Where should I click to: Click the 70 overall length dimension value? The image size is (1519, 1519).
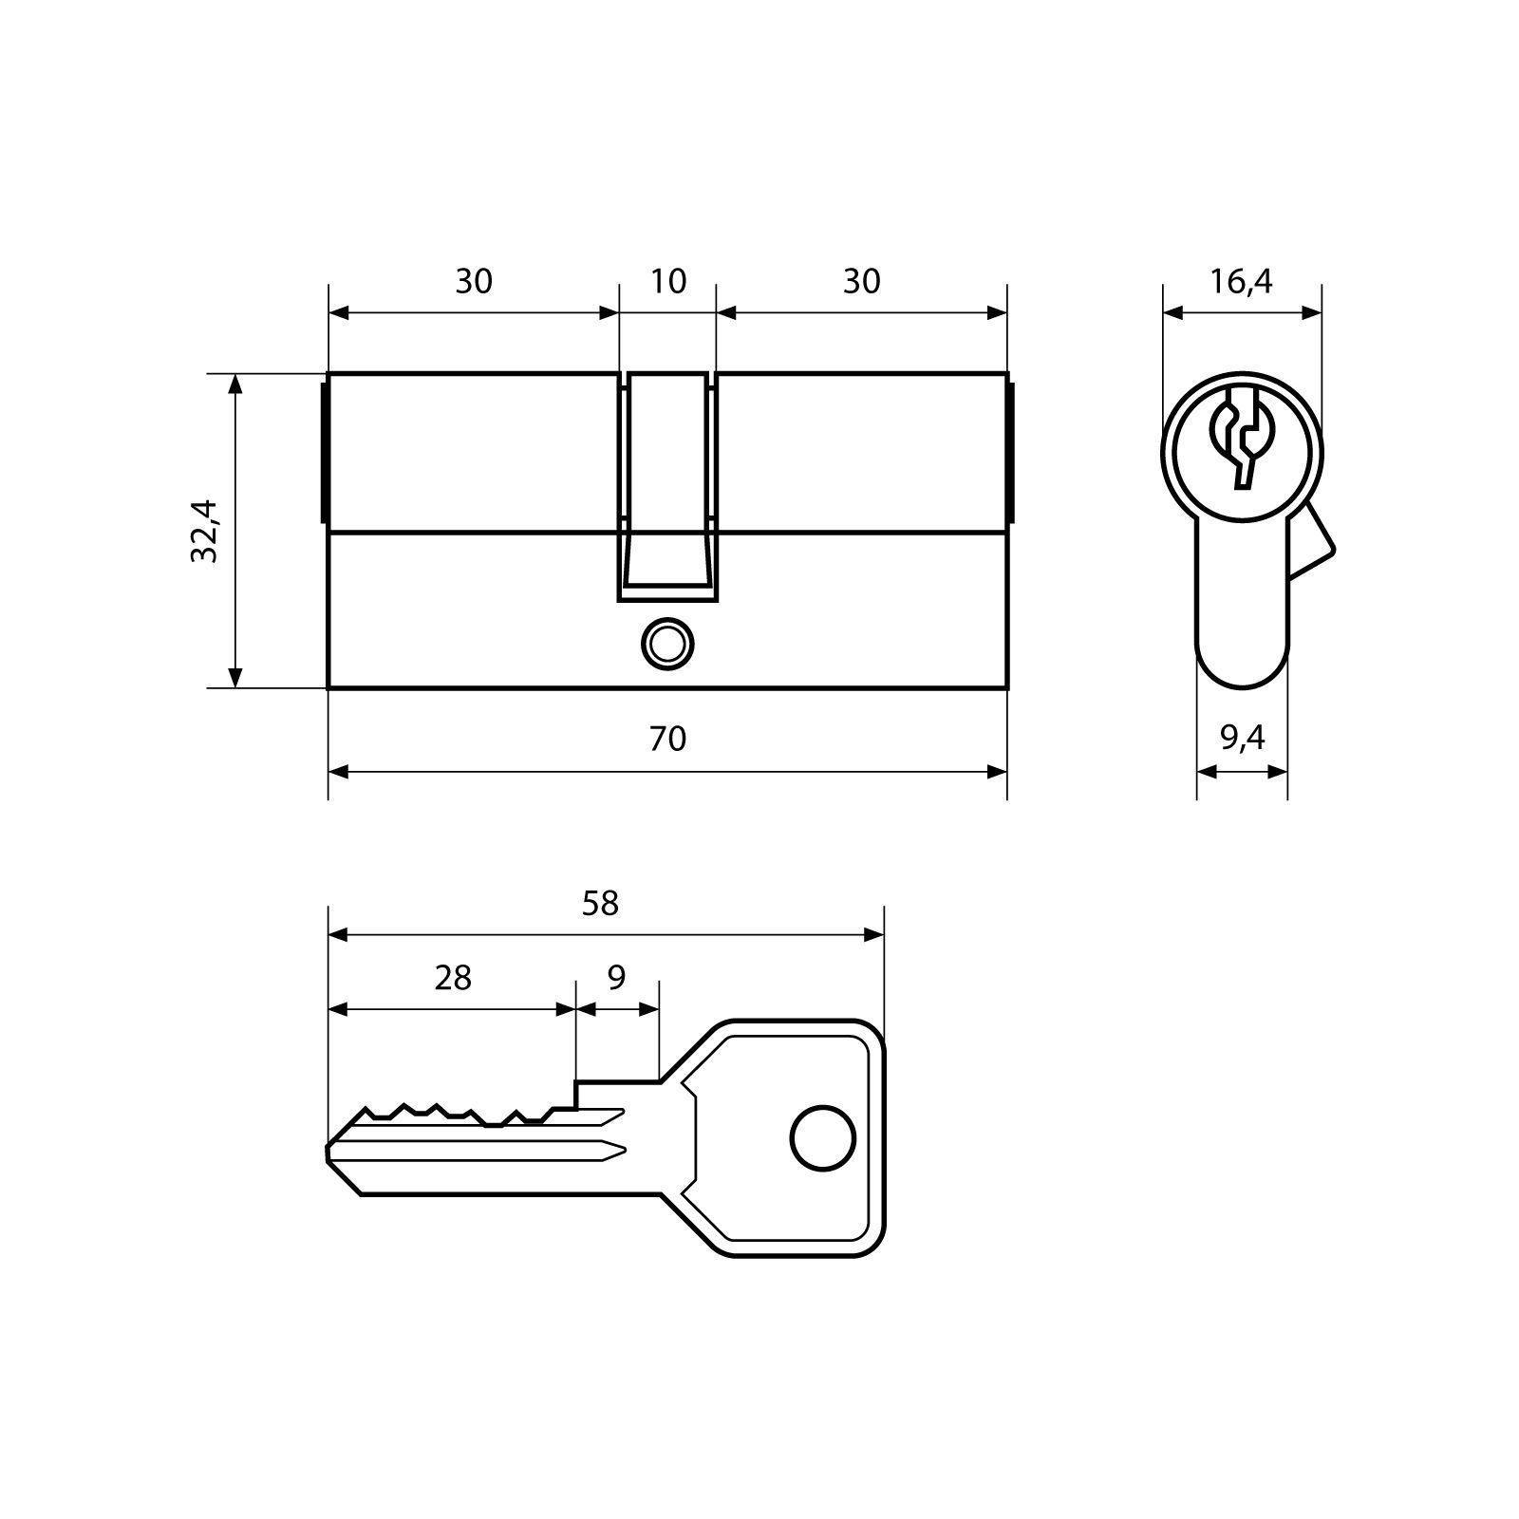(667, 739)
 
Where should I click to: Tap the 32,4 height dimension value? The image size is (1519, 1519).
(204, 532)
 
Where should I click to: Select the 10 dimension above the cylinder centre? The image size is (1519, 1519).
(668, 281)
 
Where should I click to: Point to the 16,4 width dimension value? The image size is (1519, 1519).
(1241, 281)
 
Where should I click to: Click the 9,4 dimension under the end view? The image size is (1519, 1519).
(1243, 738)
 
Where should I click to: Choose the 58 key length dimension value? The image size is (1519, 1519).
(600, 903)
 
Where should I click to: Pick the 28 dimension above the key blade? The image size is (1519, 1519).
(453, 977)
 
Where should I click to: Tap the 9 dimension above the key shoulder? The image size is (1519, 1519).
(616, 977)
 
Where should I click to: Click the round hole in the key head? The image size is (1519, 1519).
(823, 1136)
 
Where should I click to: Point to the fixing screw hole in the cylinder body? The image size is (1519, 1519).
(667, 644)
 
